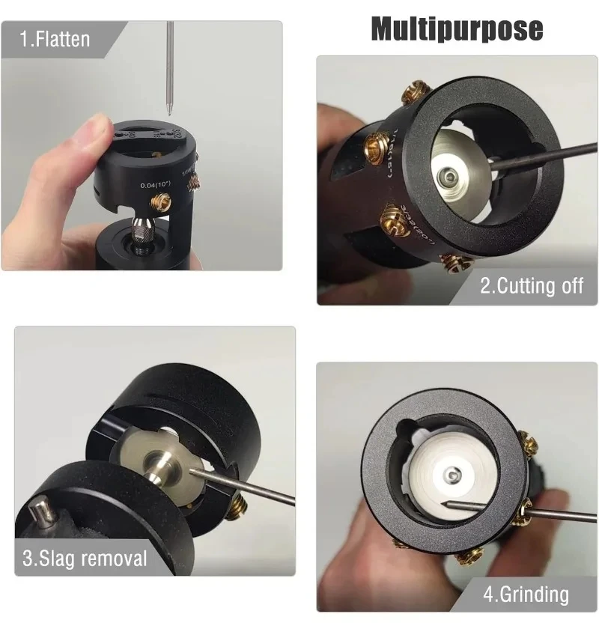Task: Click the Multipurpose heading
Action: [x=457, y=29]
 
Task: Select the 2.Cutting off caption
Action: [x=531, y=285]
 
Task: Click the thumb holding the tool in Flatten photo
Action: [x=96, y=142]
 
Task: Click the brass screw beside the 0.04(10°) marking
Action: [x=161, y=201]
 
